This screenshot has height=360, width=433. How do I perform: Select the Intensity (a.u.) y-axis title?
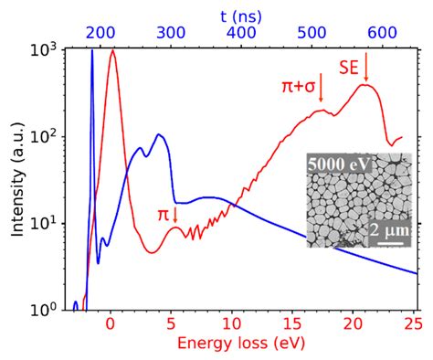click(x=17, y=180)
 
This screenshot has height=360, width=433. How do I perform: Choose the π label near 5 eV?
click(x=163, y=214)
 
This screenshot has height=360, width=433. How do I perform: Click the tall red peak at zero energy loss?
click(x=112, y=51)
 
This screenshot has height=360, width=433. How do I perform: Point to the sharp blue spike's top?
click(x=91, y=51)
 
